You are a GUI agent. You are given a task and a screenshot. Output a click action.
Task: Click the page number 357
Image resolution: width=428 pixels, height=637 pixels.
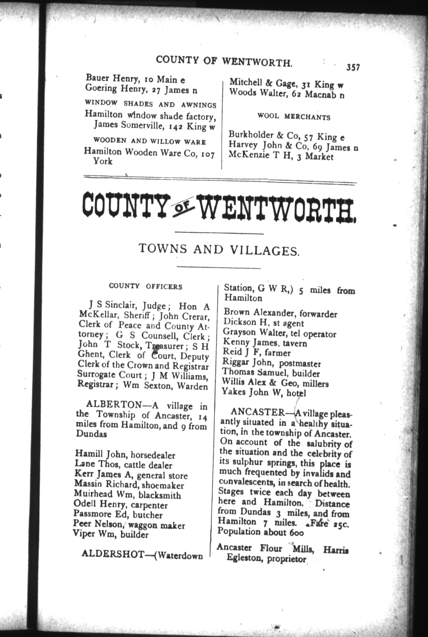(353, 68)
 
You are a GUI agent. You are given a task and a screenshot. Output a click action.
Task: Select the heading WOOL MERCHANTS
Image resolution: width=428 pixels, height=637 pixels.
(294, 117)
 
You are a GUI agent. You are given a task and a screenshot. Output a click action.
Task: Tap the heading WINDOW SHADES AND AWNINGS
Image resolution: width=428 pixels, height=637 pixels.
(150, 104)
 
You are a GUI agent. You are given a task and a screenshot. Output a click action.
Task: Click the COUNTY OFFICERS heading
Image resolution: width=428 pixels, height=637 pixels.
(145, 287)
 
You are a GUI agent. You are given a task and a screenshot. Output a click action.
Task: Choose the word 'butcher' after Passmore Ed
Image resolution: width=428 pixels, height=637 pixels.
(148, 515)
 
